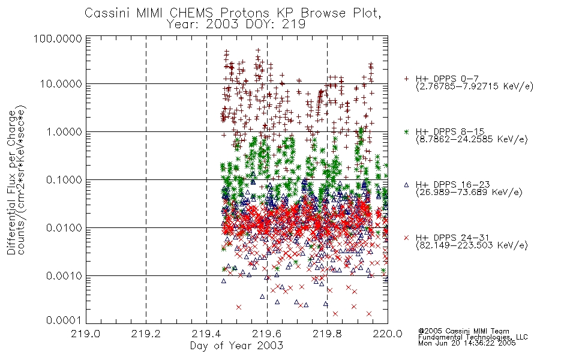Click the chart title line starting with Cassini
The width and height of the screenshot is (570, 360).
coord(233,13)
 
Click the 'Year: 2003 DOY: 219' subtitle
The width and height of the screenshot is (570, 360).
coord(236,24)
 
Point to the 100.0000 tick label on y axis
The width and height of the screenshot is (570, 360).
coord(58,39)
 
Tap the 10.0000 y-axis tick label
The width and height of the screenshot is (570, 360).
coord(61,84)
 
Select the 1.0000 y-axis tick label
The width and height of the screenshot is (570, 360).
coord(64,131)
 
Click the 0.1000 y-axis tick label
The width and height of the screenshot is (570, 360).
coord(64,179)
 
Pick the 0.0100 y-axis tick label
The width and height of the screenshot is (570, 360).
coord(64,228)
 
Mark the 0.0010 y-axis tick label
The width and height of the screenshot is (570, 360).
coord(64,276)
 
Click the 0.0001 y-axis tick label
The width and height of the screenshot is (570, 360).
coord(64,320)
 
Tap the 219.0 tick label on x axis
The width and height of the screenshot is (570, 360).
coord(86,334)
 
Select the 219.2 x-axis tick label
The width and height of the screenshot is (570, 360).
coord(146,334)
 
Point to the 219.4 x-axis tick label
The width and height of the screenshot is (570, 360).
coord(206,334)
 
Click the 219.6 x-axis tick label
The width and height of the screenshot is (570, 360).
coord(267,334)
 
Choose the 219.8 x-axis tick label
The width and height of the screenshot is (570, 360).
coord(327,334)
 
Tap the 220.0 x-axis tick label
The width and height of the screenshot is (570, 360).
coord(388,334)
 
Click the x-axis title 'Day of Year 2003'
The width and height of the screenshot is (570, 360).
coord(236,346)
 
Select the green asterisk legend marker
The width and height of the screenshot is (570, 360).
coord(406,131)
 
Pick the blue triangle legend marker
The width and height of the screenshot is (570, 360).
coord(406,185)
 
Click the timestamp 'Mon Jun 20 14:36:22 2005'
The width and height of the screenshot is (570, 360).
coord(467,343)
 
